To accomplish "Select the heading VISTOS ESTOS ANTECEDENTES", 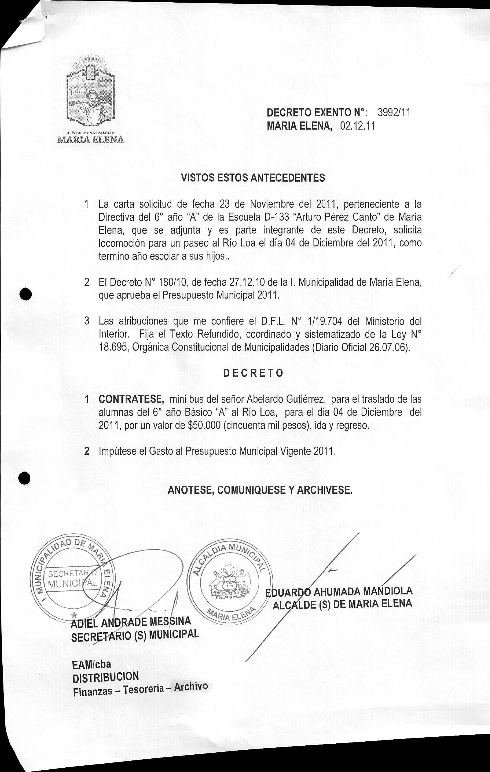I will pyautogui.click(x=253, y=178).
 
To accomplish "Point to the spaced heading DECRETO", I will pyautogui.click(x=254, y=373).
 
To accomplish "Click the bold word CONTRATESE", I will pyautogui.click(x=131, y=399).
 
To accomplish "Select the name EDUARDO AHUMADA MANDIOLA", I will pyautogui.click(x=339, y=592).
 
